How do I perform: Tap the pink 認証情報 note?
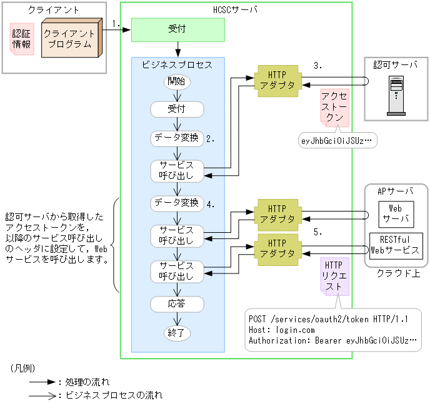[21, 38]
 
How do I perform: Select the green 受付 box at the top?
[177, 29]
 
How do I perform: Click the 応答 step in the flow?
[177, 304]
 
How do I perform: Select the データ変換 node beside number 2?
[177, 138]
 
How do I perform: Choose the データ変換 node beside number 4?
[177, 203]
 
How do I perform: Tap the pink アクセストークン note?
[334, 106]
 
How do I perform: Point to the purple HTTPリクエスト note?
[334, 276]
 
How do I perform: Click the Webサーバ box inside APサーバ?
[394, 213]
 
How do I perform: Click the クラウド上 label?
[396, 273]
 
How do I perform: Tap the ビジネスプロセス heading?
[177, 64]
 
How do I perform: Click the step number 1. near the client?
[116, 24]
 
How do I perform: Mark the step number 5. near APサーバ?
[318, 232]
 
